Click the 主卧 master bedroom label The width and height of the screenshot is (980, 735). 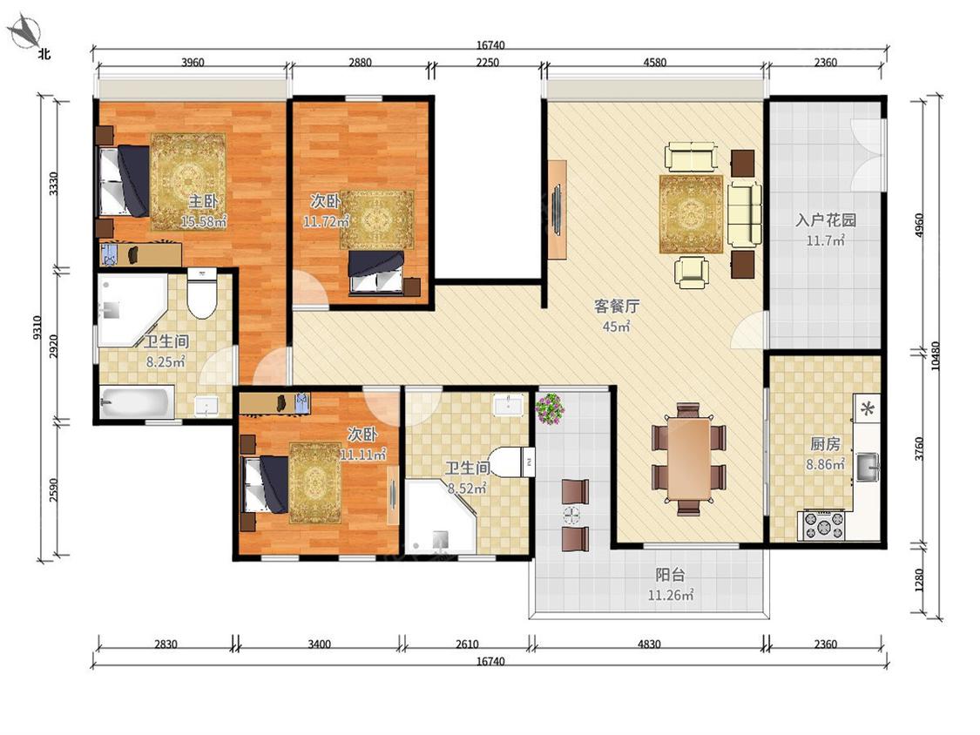[203, 201]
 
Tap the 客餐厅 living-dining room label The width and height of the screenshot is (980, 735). [616, 307]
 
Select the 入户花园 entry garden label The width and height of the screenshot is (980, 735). [825, 220]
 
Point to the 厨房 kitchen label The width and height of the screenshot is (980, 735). [825, 444]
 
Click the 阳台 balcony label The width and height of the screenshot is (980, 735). [670, 575]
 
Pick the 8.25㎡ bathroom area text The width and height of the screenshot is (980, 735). [166, 361]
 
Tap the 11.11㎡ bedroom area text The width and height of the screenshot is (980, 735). [362, 454]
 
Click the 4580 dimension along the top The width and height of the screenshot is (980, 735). [654, 62]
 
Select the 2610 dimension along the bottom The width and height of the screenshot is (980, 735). [467, 644]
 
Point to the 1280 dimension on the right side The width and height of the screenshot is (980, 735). [919, 580]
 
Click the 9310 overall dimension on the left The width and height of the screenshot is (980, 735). [37, 328]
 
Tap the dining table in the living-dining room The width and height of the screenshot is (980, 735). [688, 460]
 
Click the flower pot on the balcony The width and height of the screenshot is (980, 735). [550, 408]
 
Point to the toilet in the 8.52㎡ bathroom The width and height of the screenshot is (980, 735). [508, 462]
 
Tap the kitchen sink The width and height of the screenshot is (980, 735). [868, 466]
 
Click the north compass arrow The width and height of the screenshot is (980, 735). [25, 31]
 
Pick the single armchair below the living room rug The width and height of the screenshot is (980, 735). [692, 272]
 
